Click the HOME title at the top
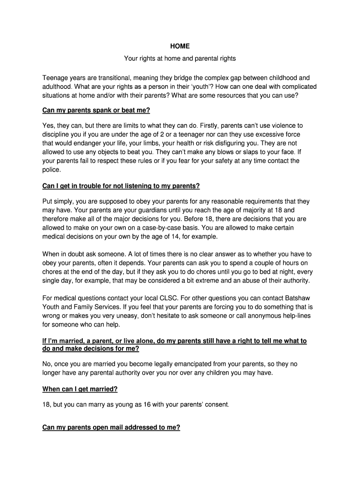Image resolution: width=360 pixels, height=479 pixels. (x=180, y=46)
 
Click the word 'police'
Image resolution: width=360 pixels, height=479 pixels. (x=51, y=170)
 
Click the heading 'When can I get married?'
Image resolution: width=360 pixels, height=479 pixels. (x=80, y=389)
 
